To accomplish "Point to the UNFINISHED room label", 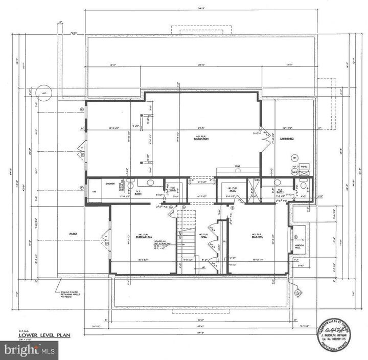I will pos(286,138).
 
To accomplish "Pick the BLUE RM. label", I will pos(257,236).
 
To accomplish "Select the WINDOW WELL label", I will pos(300,246).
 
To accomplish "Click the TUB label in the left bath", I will pos(94,192).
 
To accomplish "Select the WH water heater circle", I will pos(294,157).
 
